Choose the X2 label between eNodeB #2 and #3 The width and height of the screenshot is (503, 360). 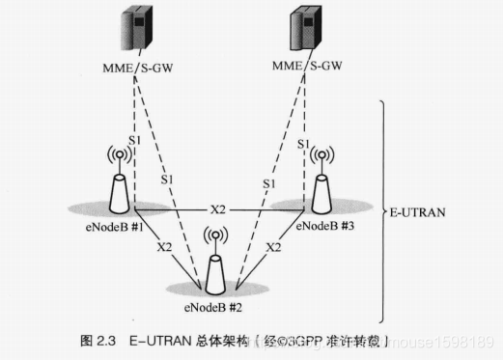pyautogui.click(x=273, y=248)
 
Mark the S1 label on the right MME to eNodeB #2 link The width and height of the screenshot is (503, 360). pyautogui.click(x=267, y=181)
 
